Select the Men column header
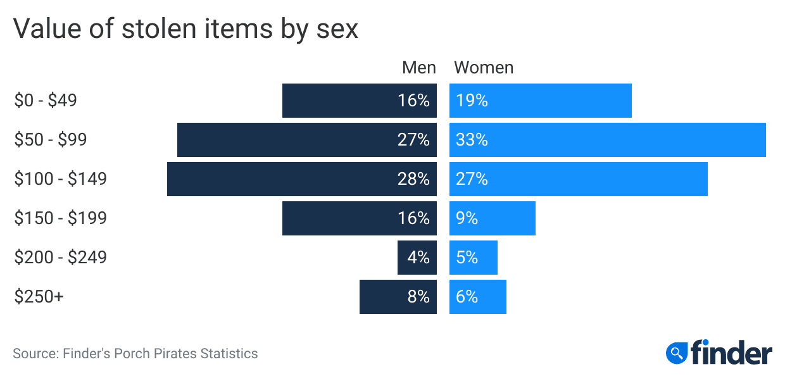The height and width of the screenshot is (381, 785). [x=419, y=67]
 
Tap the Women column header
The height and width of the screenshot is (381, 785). [x=484, y=67]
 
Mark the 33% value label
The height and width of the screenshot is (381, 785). [x=472, y=140]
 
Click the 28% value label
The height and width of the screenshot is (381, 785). [x=413, y=179]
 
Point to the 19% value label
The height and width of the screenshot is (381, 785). [x=472, y=101]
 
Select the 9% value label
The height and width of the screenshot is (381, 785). [x=467, y=218]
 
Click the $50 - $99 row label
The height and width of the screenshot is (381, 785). [x=50, y=140]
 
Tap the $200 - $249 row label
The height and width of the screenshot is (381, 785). [x=60, y=258]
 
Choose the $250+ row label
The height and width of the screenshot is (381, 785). [x=39, y=297]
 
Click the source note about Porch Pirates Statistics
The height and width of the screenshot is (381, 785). [x=135, y=353]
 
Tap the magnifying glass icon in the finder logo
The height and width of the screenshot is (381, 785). [x=677, y=352]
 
